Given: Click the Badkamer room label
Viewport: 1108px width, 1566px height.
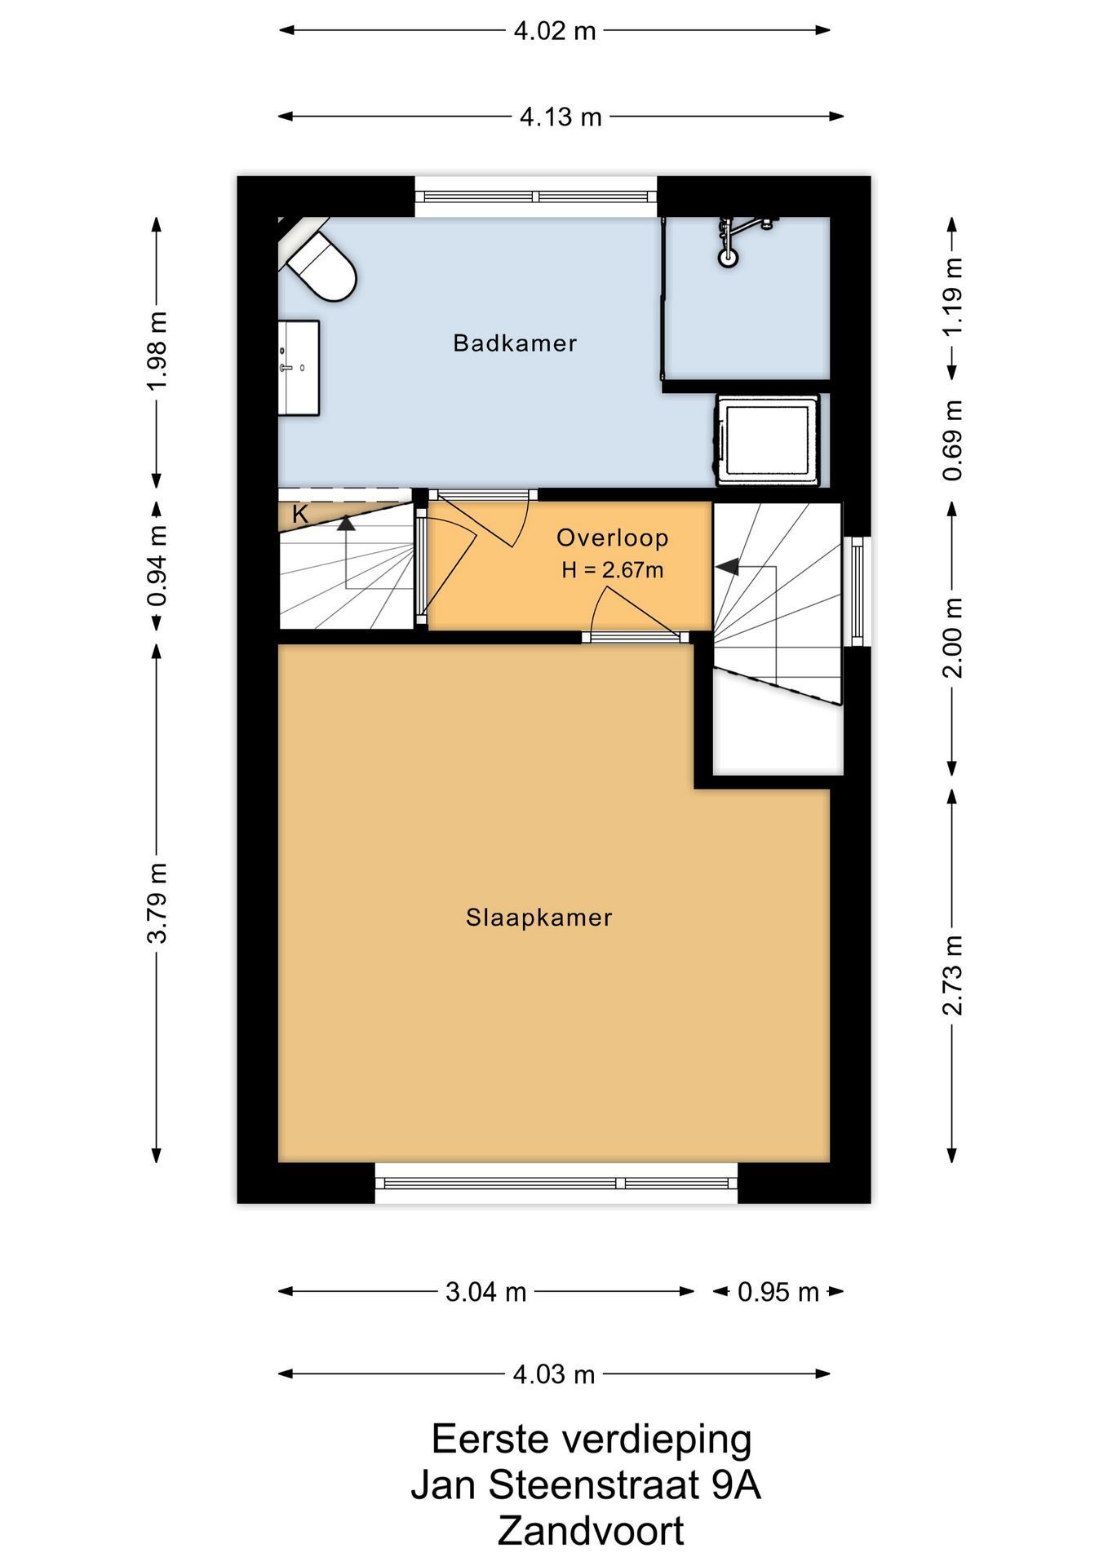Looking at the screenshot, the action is [515, 343].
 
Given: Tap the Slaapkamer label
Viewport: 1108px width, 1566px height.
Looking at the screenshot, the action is [539, 918].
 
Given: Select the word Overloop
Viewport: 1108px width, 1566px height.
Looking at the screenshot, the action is [613, 537].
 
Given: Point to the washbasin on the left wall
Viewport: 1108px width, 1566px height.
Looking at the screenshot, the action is [299, 367].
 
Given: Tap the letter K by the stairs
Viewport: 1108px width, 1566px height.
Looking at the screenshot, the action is [300, 515].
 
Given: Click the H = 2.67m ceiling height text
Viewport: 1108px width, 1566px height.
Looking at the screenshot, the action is [613, 570].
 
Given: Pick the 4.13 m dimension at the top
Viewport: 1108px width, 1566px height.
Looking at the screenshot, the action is [561, 117].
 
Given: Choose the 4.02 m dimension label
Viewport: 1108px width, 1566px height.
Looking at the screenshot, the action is [555, 31].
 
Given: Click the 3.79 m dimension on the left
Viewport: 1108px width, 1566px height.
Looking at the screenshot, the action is [157, 903].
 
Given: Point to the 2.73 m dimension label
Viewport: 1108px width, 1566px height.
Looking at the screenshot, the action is [952, 975].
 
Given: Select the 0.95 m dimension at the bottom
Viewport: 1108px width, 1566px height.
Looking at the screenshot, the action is [778, 1292].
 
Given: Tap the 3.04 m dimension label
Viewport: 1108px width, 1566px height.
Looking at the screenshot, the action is [486, 1292].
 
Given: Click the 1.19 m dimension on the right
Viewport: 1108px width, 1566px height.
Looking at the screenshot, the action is [952, 295].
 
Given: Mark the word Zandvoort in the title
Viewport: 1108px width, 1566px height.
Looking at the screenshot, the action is [591, 1531].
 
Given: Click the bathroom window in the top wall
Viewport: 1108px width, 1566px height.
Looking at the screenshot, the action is [536, 196].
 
